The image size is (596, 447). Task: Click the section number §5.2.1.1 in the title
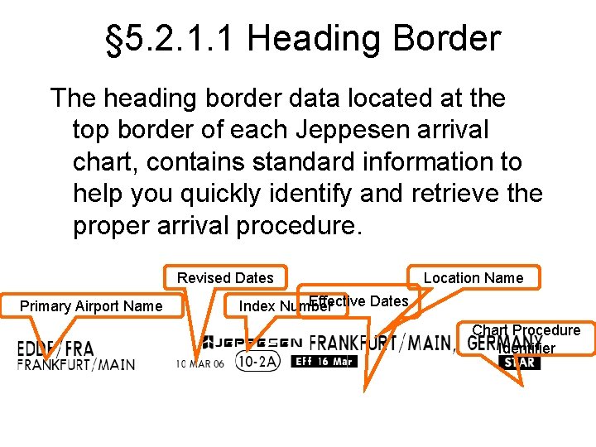171,39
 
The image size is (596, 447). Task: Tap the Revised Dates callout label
225,278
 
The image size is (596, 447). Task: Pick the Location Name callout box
473,278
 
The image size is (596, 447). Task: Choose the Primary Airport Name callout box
91,306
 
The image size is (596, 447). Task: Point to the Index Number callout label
273,307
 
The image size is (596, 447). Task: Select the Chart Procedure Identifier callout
526,339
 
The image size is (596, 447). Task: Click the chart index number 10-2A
257,362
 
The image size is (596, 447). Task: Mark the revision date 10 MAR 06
199,363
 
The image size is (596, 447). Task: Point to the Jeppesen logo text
252,342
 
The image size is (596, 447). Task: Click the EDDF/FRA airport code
55,348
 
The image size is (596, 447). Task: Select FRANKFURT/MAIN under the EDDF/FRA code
76,364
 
